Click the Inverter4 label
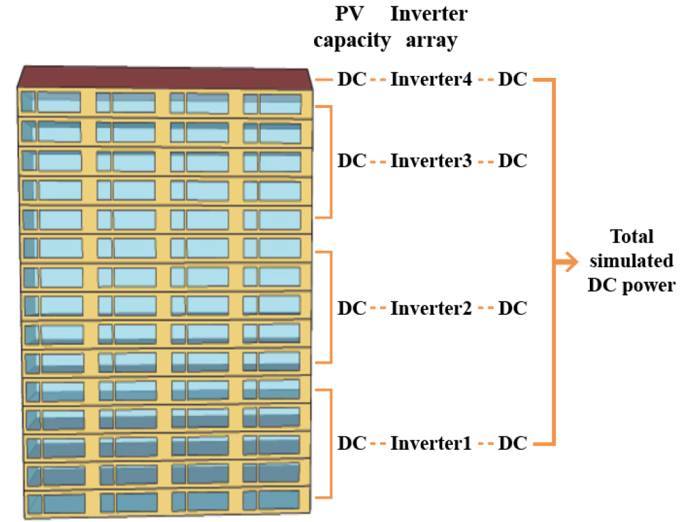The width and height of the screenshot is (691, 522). point(431,80)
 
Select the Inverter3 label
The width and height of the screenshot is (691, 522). point(431,161)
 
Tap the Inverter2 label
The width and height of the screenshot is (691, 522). point(431,308)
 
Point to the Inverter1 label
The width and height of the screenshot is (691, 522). point(431,443)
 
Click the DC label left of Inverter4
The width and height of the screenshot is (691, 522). point(352,80)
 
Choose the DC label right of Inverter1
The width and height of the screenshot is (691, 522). point(512,443)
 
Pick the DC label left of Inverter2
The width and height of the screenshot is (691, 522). point(352,308)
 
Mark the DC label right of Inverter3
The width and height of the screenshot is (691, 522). point(512,161)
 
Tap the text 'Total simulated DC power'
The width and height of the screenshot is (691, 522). point(631,261)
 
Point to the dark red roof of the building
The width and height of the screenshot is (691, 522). point(163,77)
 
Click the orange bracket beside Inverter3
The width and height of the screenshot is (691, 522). point(329,161)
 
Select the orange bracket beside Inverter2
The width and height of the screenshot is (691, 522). point(329,307)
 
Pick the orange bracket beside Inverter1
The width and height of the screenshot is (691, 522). point(329,443)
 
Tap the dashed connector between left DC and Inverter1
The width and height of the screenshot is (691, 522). point(378,444)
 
